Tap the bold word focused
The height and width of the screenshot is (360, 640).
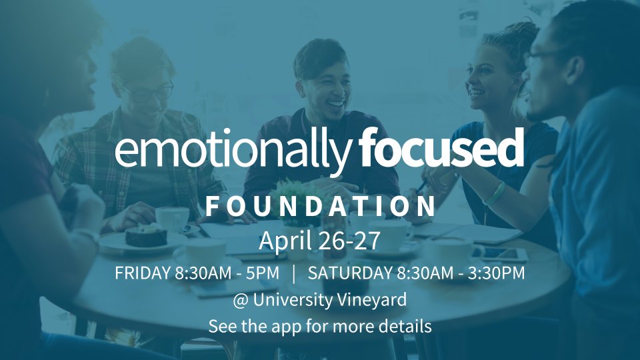click(x=441, y=147)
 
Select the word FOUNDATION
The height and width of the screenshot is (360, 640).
click(x=321, y=207)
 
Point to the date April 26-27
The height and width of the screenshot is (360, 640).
click(x=319, y=241)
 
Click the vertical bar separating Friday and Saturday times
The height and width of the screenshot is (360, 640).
click(x=294, y=273)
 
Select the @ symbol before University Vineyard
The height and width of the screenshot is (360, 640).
click(x=241, y=301)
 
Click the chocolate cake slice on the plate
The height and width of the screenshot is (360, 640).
click(x=146, y=235)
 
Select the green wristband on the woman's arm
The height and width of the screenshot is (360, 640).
click(x=495, y=193)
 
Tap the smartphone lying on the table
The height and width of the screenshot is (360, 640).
click(x=501, y=254)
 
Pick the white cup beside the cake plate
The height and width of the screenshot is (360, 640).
click(x=173, y=219)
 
